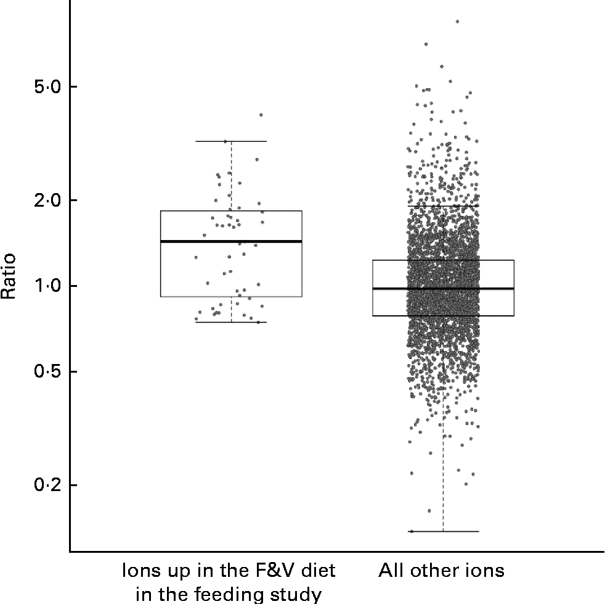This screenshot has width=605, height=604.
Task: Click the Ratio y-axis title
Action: [9, 277]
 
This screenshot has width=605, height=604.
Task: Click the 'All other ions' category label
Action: [441, 571]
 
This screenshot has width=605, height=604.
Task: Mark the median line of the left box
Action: [231, 241]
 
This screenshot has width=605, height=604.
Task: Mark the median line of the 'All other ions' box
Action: [443, 288]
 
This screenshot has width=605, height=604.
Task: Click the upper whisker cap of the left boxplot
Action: [231, 141]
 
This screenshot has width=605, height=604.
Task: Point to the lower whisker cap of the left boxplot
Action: [231, 322]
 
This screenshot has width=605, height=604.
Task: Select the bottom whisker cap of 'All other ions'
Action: [443, 531]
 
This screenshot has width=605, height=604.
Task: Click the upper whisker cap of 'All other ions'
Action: [443, 205]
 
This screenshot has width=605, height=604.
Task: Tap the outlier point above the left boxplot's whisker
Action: [261, 115]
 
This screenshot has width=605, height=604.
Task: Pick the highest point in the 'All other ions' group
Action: [457, 22]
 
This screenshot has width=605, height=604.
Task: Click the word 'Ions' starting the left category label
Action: [138, 571]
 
